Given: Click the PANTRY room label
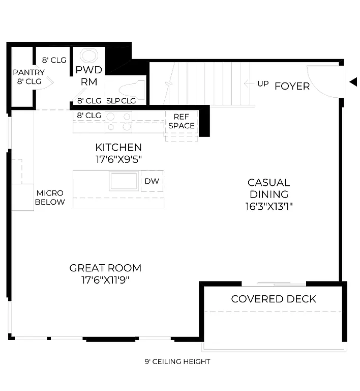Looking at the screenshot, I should [28, 72].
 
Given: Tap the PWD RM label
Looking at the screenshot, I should [88, 75].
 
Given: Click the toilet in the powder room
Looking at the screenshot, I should [133, 89].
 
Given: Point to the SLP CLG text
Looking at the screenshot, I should [121, 101].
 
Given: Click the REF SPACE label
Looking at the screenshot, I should [181, 121].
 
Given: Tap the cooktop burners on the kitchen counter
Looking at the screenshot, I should [118, 122].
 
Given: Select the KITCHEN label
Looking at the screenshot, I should [118, 148].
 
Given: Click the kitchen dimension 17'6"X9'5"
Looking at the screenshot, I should [118, 159].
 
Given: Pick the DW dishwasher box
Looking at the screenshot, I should [152, 181].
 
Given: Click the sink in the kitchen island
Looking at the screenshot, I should [124, 181].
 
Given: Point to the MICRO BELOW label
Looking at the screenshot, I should [50, 198].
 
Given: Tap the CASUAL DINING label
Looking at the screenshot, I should [268, 188].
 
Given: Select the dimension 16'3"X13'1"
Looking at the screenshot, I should [268, 206].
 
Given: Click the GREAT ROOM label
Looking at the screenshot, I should [105, 268].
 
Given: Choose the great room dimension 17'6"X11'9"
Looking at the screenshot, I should [105, 280].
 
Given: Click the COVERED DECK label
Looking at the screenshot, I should [273, 299].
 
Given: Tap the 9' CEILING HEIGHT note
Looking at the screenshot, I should [177, 362].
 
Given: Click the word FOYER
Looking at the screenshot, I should [292, 86].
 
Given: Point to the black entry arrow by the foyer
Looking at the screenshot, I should [353, 82].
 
